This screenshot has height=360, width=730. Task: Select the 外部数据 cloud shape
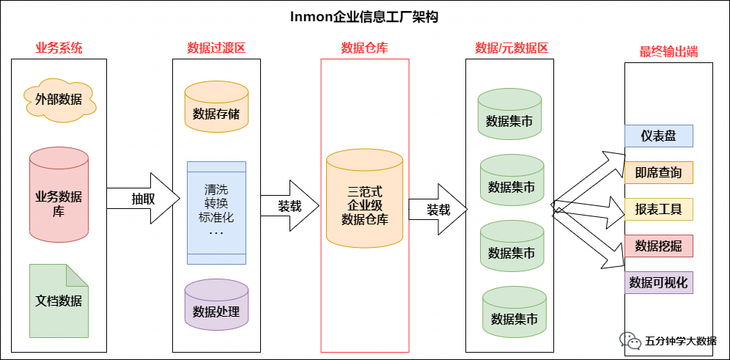59,99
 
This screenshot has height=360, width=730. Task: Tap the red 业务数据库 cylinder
59,195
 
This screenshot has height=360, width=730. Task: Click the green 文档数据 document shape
59,301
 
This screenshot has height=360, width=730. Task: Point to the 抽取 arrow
143,198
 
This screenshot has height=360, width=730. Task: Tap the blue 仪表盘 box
658,136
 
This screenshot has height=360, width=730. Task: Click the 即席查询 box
658,172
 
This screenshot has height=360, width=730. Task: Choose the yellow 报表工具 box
658,209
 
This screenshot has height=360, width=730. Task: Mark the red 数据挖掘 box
658,246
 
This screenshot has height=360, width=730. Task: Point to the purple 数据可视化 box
658,282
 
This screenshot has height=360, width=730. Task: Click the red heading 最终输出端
668,51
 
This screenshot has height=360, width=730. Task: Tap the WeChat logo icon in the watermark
630,340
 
